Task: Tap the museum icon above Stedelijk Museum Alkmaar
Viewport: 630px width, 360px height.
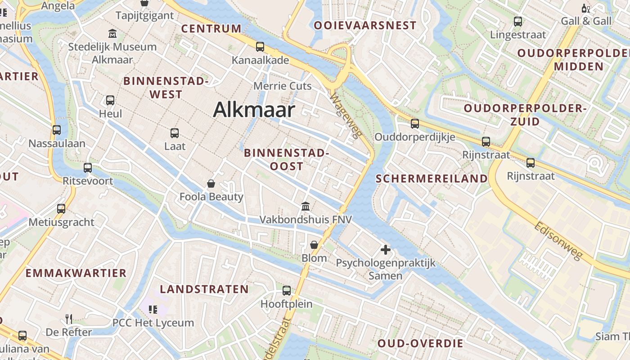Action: [x=112, y=33]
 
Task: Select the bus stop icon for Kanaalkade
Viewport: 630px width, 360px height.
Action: [x=260, y=47]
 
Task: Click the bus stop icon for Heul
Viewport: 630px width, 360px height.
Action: [x=110, y=100]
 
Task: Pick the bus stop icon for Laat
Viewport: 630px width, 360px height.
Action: [x=175, y=133]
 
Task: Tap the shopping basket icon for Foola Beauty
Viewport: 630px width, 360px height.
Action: [x=211, y=184]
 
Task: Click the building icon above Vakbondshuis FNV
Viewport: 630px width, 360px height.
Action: [x=306, y=206]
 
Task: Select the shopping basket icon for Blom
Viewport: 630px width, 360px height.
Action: [x=314, y=245]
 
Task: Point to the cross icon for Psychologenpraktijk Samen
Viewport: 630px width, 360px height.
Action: [x=385, y=249]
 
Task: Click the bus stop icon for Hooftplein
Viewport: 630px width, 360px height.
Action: [x=287, y=291]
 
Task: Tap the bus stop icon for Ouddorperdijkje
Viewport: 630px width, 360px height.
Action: [x=414, y=123]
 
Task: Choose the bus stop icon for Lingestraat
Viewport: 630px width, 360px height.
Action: [x=518, y=21]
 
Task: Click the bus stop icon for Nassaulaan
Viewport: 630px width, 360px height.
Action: [x=57, y=130]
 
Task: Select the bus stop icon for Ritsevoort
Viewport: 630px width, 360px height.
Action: [x=88, y=168]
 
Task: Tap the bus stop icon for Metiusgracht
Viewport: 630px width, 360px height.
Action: [x=61, y=209]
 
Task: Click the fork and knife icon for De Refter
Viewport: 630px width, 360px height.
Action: [x=69, y=319]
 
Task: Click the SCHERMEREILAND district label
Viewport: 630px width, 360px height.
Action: [x=432, y=179]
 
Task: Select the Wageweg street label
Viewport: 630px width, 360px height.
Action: [x=346, y=116]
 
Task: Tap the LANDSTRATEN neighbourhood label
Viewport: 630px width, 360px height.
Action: [x=204, y=289]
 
